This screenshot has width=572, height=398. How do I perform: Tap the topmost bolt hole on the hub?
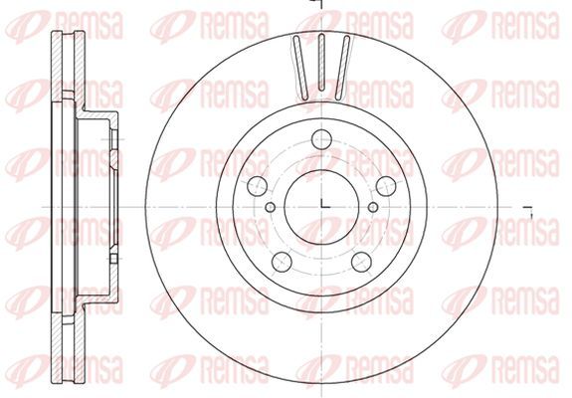click(321, 139)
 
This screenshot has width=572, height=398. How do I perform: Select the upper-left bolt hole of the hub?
click(258, 186)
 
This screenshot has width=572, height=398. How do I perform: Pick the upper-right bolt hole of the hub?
click(386, 186)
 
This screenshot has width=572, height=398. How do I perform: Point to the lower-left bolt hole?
click(282, 262)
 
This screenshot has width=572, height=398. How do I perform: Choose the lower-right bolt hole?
click(361, 262)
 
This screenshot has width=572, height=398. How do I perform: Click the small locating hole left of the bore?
click(271, 207)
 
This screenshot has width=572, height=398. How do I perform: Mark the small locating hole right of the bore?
click(373, 207)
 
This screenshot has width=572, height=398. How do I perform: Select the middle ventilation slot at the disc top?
click(321, 62)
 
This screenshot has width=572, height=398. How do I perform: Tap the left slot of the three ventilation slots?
click(301, 68)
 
